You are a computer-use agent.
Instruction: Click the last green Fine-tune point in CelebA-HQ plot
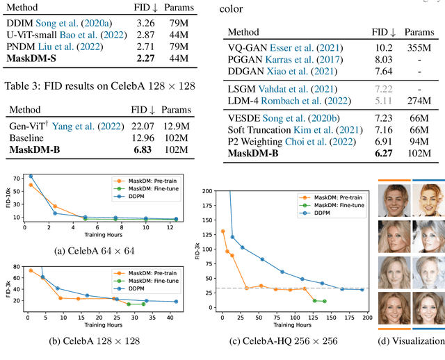[324, 302]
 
